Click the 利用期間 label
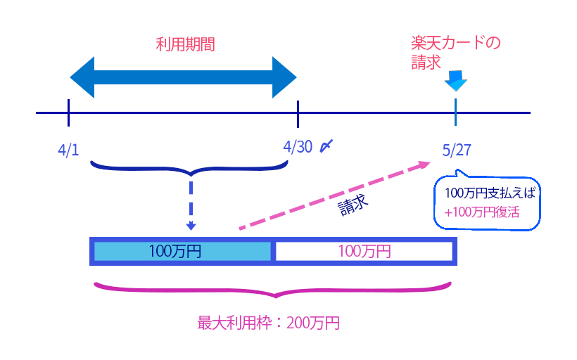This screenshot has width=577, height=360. coord(184,45)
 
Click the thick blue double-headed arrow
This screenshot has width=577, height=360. coord(184,77)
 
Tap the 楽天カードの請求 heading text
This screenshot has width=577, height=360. coord(455,53)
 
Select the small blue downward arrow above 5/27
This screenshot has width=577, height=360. coord(455,81)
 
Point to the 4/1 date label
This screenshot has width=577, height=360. coord(68,150)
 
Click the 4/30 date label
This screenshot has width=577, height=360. coord(298,146)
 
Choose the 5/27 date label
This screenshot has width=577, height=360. coord(457,150)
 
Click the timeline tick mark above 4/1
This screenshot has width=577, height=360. coord(68,112)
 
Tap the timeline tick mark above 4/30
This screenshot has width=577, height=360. coord(298,112)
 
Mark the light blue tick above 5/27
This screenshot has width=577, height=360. coord(455,112)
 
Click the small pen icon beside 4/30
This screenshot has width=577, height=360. coord(326,146)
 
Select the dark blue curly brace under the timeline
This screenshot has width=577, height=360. coord(190,168)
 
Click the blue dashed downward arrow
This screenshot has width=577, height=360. coord(191,204)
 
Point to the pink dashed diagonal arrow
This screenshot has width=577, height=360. coord(334,196)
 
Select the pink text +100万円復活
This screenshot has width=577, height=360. coord(481,211)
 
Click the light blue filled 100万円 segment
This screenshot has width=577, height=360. coord(182,251)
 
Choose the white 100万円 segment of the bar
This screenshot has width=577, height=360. coord(363,251)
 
